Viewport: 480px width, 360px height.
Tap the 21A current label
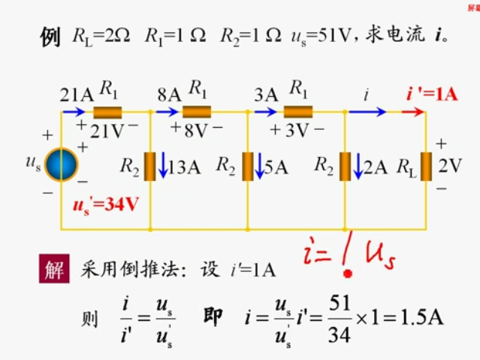76,95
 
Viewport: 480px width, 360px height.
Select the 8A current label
170,95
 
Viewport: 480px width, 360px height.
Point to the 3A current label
266,95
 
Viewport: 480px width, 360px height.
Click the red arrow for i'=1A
412,113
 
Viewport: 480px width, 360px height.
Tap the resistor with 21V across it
108,113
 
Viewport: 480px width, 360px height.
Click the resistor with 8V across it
198,113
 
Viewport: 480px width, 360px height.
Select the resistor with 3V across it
297,113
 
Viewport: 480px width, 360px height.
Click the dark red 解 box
54,269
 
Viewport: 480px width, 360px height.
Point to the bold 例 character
50,38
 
